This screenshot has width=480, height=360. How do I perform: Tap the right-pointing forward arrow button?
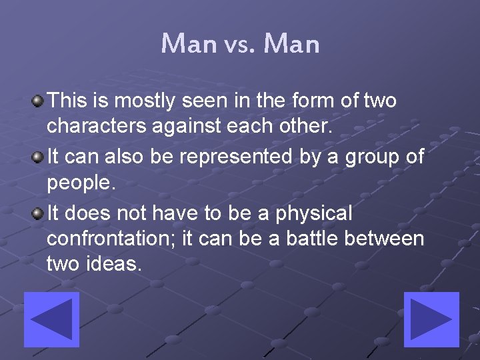pos(431,319)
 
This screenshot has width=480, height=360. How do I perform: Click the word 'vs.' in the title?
pos(240,45)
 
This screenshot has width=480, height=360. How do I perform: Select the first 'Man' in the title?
pos(189,45)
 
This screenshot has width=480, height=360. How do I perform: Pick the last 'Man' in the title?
pos(291,45)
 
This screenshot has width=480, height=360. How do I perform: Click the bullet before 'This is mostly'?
pos(39,101)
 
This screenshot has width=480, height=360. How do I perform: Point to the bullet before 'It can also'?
pos(39,157)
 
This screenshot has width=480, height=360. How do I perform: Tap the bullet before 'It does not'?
pos(39,213)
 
